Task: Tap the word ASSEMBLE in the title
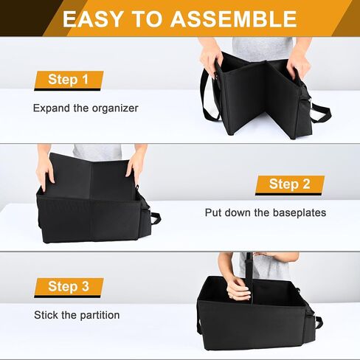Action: tap(234, 19)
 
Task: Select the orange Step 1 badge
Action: tap(69, 80)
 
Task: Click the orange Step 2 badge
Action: tap(290, 185)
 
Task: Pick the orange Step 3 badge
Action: tap(69, 288)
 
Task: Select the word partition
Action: tap(100, 316)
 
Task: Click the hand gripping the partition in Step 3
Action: tap(238, 288)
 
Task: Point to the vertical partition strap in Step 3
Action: tap(249, 278)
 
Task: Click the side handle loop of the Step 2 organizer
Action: tap(156, 218)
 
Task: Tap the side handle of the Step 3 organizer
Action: tap(319, 322)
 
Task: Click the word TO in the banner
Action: tap(147, 19)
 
